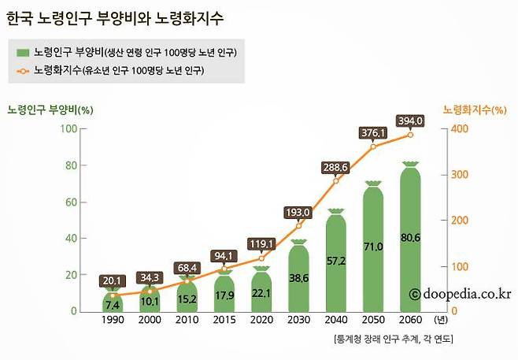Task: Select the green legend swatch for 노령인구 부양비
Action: coord(23,52)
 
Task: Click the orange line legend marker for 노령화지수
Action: coord(23,71)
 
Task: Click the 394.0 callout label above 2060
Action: coord(410,121)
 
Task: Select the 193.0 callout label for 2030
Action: coord(298,212)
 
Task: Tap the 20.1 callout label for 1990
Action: coord(111,281)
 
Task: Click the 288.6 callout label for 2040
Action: coord(335,168)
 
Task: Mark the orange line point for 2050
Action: coord(373,147)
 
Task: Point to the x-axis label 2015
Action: coord(223,321)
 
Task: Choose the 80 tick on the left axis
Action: coord(71,165)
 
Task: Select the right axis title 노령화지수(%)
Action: coord(474,109)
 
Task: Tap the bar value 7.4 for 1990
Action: coord(111,303)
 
